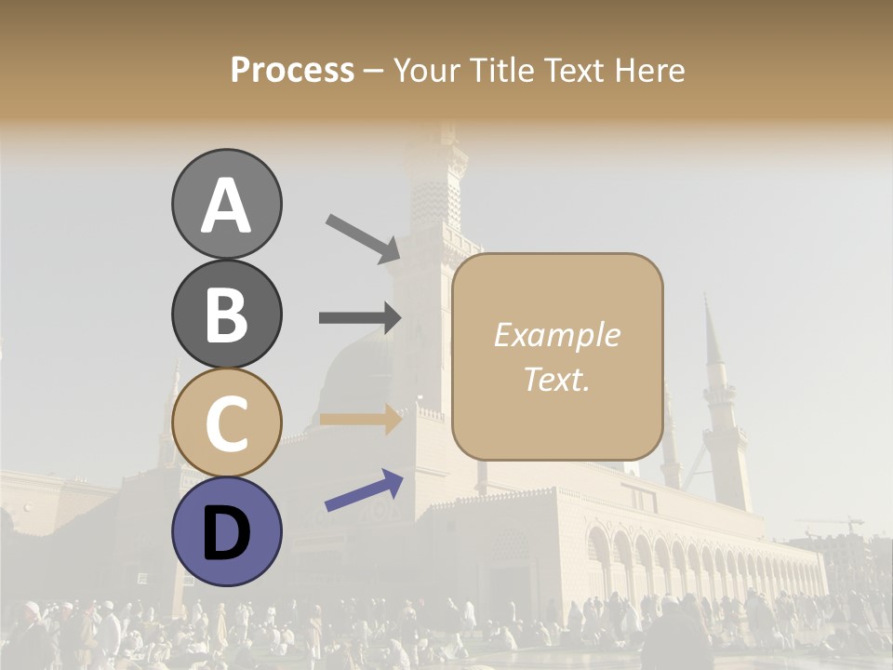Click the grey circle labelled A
[x=226, y=204]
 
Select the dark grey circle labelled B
[x=226, y=314]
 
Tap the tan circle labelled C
[x=226, y=422]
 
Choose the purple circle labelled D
[x=226, y=531]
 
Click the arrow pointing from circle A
[x=363, y=237]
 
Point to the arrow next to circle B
[x=360, y=318]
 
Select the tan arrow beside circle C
[x=360, y=419]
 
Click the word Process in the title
[x=292, y=71]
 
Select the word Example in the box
[x=556, y=335]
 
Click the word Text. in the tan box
[x=556, y=379]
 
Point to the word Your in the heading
[x=428, y=71]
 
